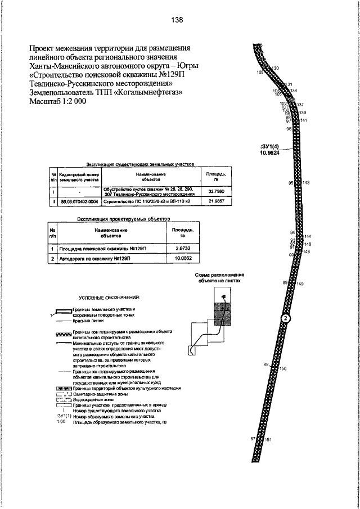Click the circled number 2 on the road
[x=286, y=319]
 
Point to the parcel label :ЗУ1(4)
[x=271, y=146]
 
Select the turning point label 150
[x=283, y=368]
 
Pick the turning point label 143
[x=306, y=183]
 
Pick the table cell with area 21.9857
[x=209, y=200]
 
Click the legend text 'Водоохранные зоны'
[x=93, y=399]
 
